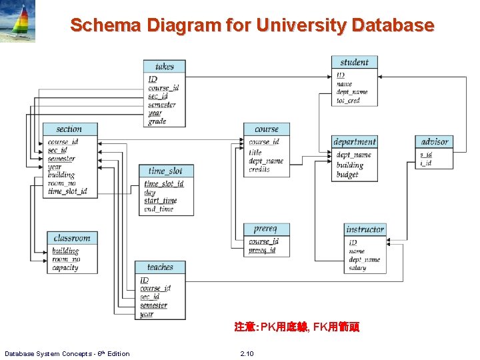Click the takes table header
coord(164,67)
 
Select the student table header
coord(354,63)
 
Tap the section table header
coord(69,129)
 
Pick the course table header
coord(267,129)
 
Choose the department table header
coord(354,142)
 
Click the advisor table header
coord(435,142)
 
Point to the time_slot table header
coord(165,171)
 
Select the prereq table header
coord(266,229)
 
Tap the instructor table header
coord(365,229)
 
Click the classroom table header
coord(72,238)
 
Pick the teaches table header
coord(160,267)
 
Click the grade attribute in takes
coord(157,121)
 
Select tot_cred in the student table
coord(348,101)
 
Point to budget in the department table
coord(347,175)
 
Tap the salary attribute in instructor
coord(357,268)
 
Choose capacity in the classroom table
coord(65,268)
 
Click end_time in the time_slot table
coord(159,209)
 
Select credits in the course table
coord(259,170)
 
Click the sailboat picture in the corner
coord(19,21)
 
